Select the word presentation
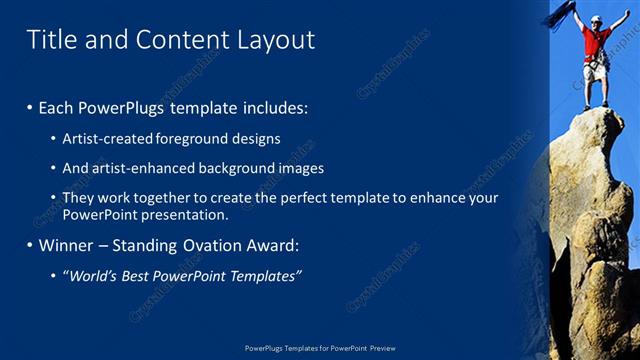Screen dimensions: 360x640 pyautogui.click(x=183, y=214)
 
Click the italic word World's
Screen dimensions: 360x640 pyautogui.click(x=96, y=276)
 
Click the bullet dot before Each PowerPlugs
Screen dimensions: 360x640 pyautogui.click(x=30, y=107)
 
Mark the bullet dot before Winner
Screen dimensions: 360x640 pyautogui.click(x=30, y=245)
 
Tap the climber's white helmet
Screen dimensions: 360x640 pyautogui.click(x=596, y=19)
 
